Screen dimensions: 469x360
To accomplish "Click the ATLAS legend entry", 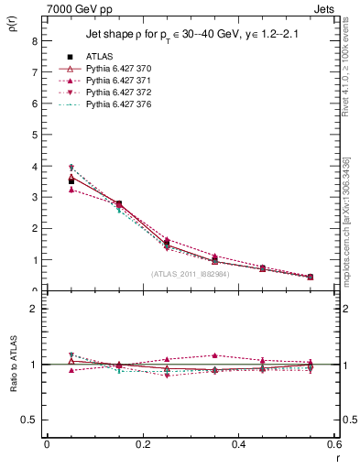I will (99, 57).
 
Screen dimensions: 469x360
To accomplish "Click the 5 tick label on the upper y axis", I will (34, 135).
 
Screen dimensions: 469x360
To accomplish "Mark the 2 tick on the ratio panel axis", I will (34, 309).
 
